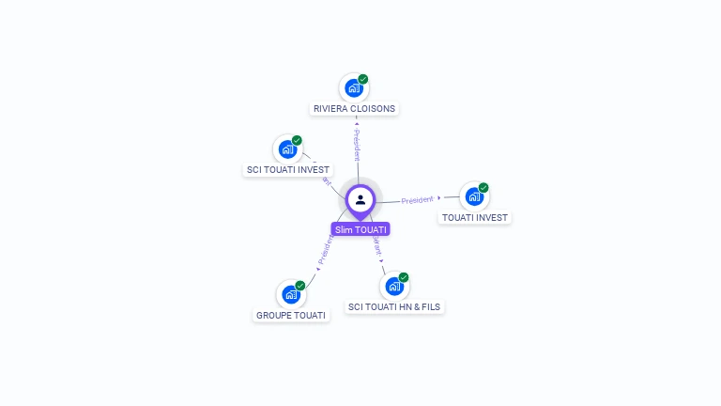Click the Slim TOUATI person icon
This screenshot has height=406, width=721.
pyautogui.click(x=360, y=199)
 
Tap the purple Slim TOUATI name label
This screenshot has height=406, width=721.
pyautogui.click(x=360, y=229)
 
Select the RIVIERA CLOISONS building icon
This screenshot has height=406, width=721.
pyautogui.click(x=354, y=88)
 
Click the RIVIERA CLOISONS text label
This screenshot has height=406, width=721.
pyautogui.click(x=354, y=109)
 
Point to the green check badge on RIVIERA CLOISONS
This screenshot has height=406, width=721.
pyautogui.click(x=363, y=79)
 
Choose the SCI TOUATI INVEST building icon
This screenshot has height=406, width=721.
pyautogui.click(x=287, y=149)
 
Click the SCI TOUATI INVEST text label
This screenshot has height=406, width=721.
pyautogui.click(x=287, y=170)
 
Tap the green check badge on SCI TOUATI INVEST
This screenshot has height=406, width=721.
pyautogui.click(x=297, y=140)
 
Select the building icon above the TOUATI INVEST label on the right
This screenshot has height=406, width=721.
pyautogui.click(x=474, y=196)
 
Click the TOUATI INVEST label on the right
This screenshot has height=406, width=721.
pyautogui.click(x=475, y=217)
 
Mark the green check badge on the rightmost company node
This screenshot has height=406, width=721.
pyautogui.click(x=483, y=187)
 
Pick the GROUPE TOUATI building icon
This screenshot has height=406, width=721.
pyautogui.click(x=291, y=295)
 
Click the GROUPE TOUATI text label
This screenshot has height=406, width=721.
pyautogui.click(x=291, y=316)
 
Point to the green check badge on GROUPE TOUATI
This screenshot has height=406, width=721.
pyautogui.click(x=300, y=286)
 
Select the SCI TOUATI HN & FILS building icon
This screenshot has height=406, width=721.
pyautogui.click(x=394, y=286)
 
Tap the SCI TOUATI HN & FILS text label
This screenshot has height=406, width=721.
pyautogui.click(x=394, y=306)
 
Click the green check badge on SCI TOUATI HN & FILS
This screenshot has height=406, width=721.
pyautogui.click(x=404, y=277)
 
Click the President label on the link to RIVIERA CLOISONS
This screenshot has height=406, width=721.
pyautogui.click(x=357, y=145)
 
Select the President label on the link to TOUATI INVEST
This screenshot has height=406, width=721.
pyautogui.click(x=418, y=199)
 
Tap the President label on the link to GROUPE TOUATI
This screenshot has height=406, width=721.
pyautogui.click(x=325, y=250)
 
